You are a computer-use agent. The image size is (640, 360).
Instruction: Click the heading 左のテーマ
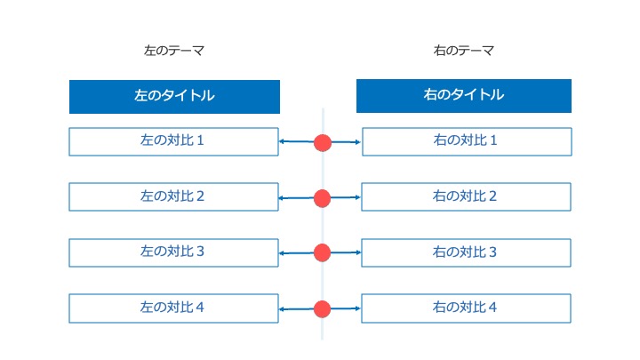174,51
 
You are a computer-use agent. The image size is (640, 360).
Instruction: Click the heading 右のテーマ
464,51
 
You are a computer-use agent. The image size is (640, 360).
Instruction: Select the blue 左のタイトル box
175,97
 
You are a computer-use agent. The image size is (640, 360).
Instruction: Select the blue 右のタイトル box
464,96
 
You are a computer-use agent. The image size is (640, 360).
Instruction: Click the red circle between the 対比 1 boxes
323,143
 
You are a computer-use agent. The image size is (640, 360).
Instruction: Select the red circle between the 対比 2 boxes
322,198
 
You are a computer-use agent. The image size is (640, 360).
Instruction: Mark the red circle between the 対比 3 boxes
322,252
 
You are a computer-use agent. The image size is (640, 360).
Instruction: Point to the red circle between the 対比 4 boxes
322,309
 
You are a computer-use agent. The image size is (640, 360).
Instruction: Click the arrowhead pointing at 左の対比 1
282,141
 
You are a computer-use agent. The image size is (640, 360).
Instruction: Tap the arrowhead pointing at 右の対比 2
358,197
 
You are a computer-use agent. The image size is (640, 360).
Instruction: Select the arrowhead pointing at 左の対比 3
282,253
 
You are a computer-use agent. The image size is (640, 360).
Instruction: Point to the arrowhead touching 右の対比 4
358,308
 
